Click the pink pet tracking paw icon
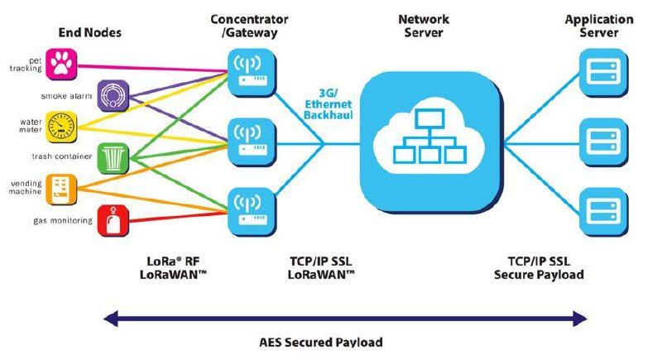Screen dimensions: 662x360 point(61,65)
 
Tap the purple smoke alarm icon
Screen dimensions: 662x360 point(113,95)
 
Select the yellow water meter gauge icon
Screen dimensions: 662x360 point(61,127)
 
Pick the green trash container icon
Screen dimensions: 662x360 point(113,158)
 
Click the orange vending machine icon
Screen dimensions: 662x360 point(61,190)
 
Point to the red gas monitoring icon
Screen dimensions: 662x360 point(113,221)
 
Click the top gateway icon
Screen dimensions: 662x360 point(252,73)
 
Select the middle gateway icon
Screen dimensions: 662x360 point(252,142)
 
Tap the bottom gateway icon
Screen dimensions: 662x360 point(252,213)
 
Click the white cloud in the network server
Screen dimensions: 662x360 point(429,136)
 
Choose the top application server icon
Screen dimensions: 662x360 point(604,73)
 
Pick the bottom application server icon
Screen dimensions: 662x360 point(604,213)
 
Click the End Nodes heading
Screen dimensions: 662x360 point(90,32)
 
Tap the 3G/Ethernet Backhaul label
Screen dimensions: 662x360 point(329,103)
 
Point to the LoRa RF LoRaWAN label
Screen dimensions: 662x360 point(173,268)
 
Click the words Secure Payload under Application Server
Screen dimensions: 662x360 point(539,275)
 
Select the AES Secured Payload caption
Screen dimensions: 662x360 point(321,342)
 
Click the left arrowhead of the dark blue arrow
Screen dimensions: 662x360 point(111,319)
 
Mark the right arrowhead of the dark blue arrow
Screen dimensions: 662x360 point(580,319)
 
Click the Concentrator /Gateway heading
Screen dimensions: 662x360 point(250,26)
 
